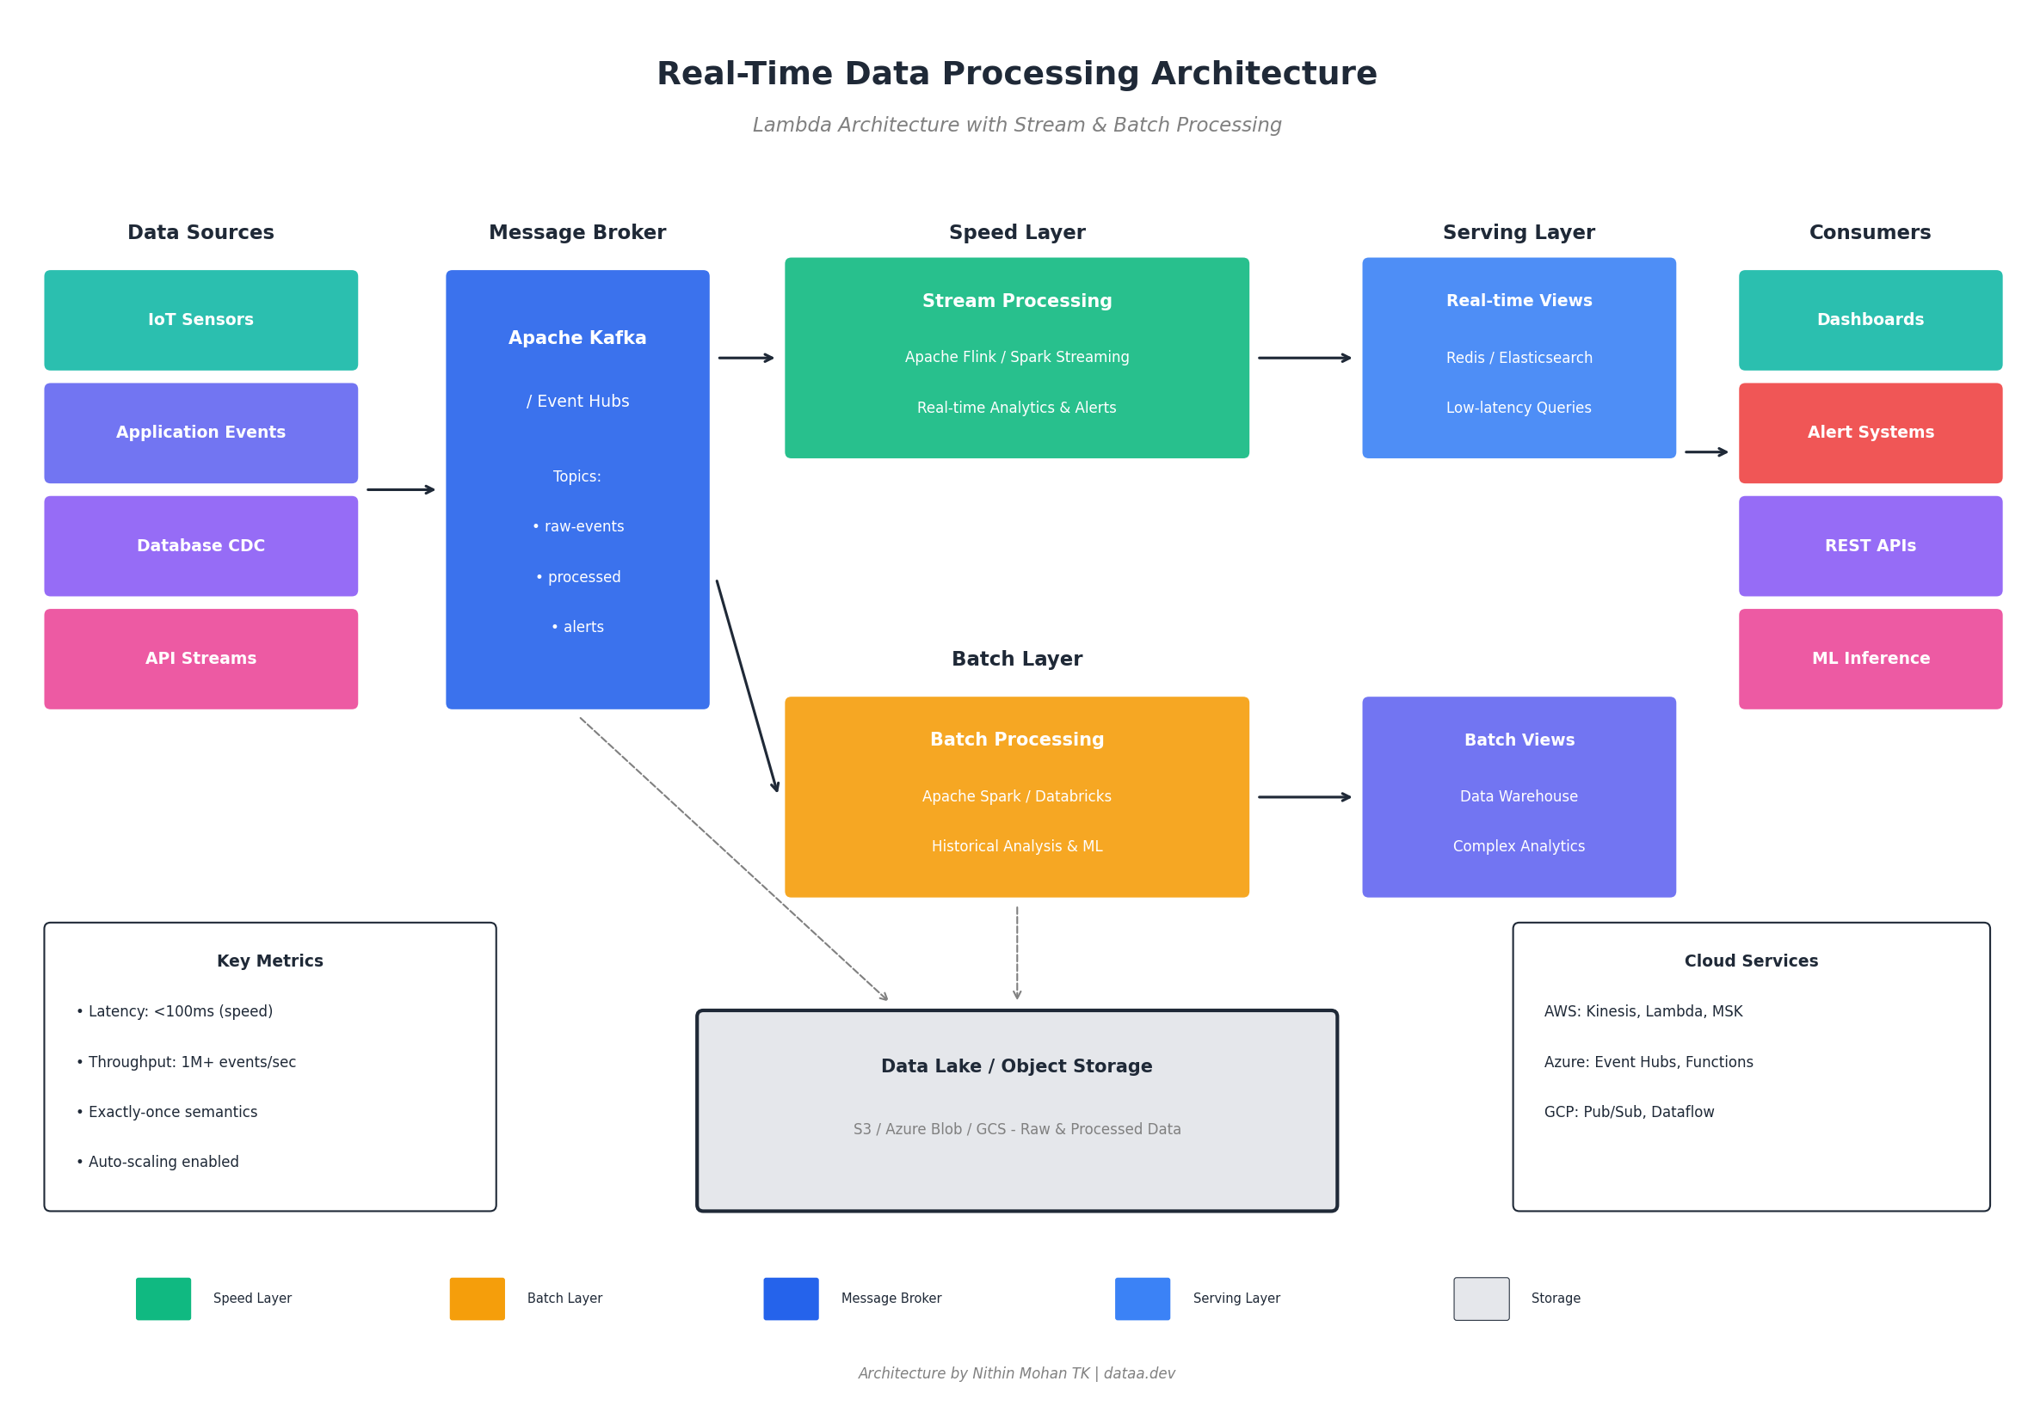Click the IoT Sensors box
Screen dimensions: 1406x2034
point(201,320)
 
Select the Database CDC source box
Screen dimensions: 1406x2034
point(201,546)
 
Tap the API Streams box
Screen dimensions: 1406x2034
point(201,659)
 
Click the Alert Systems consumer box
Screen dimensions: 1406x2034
point(1870,433)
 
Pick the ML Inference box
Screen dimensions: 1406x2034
point(1870,659)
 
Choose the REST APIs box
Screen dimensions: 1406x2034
point(1870,546)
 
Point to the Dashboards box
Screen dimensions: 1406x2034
point(1870,320)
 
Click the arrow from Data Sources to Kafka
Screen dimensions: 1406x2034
point(401,490)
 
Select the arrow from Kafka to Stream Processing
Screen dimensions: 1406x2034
point(746,358)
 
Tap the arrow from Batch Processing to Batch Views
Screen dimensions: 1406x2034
point(1304,797)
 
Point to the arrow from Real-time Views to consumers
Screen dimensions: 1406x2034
point(1705,452)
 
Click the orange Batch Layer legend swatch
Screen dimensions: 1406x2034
point(477,1299)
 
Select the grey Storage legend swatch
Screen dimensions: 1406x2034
point(1481,1299)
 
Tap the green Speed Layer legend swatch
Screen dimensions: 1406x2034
point(163,1299)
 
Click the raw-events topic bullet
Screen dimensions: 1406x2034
point(578,527)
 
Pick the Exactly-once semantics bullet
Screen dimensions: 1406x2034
point(168,1112)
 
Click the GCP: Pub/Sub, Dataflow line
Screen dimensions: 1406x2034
point(1629,1112)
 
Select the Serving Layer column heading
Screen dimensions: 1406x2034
point(1519,232)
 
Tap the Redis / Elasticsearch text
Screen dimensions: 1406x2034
point(1519,358)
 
